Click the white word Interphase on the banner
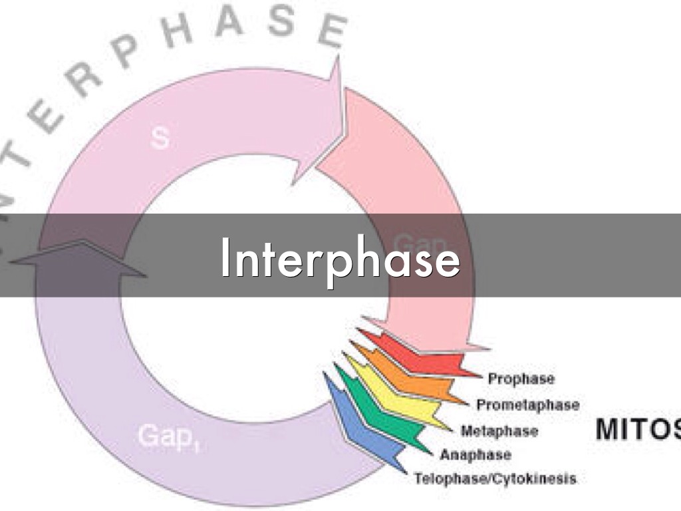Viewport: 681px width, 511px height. pos(340,259)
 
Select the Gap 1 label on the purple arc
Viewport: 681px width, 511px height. pos(170,437)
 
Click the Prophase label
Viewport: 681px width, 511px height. pos(521,379)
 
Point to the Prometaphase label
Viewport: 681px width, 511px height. pos(527,405)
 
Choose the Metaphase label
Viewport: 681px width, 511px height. pos(499,431)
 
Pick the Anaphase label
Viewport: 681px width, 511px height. pos(476,455)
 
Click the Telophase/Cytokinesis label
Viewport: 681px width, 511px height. pos(495,479)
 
